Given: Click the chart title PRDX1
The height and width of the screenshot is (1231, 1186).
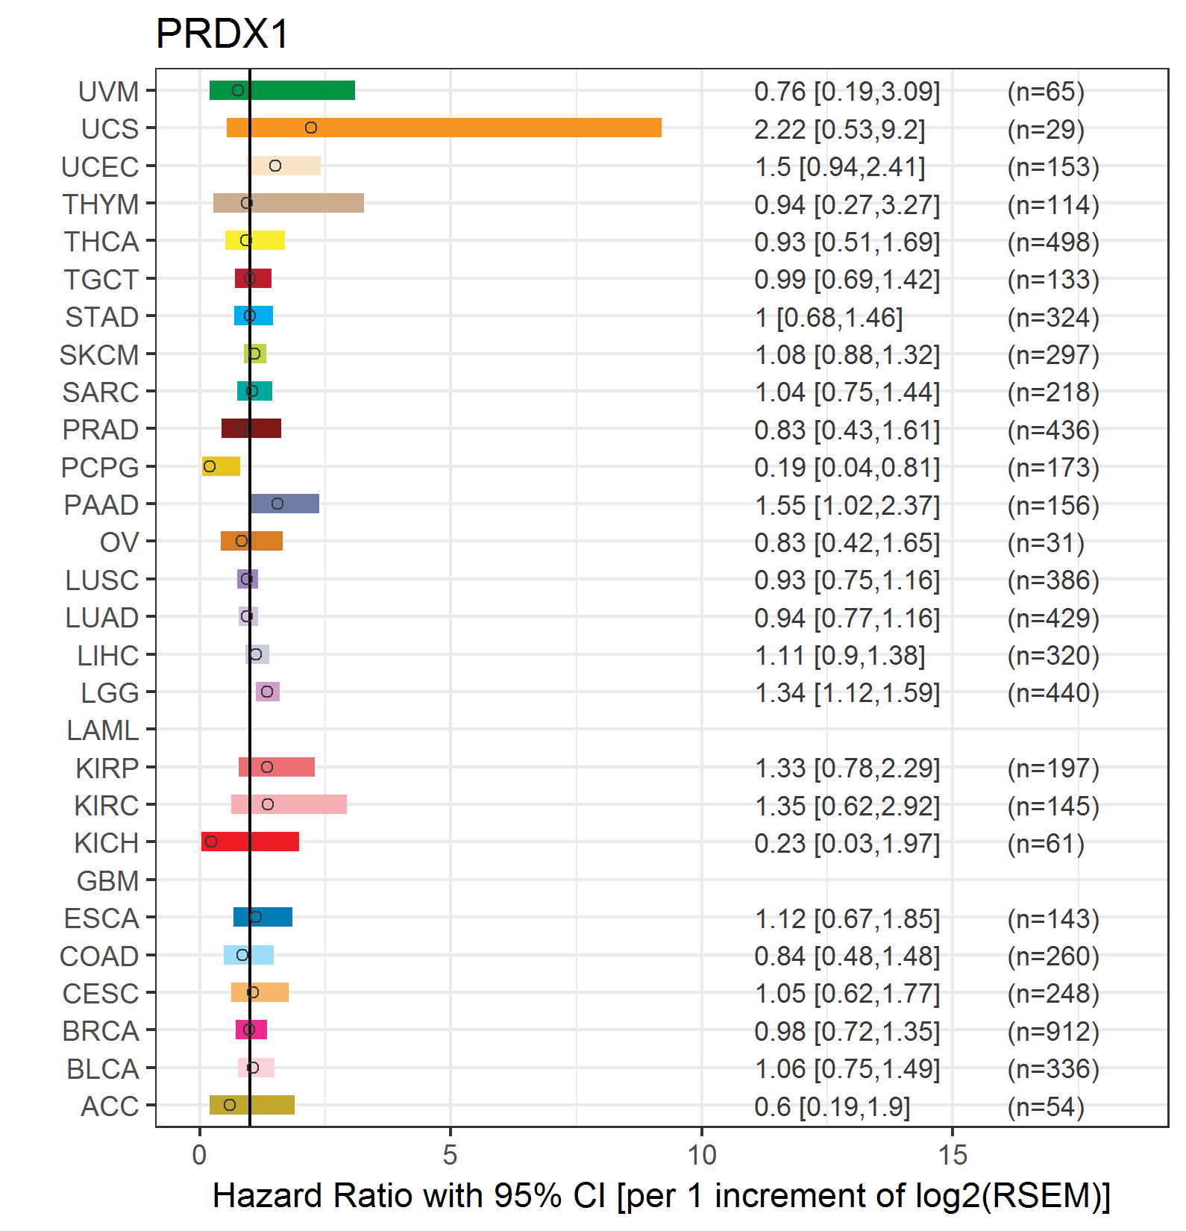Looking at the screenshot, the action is pyautogui.click(x=222, y=34).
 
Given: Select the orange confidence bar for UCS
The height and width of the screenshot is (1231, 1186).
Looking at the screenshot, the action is pyautogui.click(x=444, y=128).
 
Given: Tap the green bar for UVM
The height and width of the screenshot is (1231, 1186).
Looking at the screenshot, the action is pyautogui.click(x=282, y=90).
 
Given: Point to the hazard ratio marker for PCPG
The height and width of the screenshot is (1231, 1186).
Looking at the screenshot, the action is pyautogui.click(x=210, y=466).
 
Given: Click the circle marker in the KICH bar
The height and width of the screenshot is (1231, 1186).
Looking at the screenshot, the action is pyautogui.click(x=211, y=842).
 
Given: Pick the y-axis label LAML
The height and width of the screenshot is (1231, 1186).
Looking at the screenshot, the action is pyautogui.click(x=102, y=730).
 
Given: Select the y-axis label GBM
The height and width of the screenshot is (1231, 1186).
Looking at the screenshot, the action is pyautogui.click(x=107, y=881).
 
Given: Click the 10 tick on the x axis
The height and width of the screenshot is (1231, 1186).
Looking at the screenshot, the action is pyautogui.click(x=701, y=1155).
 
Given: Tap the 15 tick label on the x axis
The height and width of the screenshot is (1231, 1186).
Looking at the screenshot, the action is pyautogui.click(x=953, y=1155).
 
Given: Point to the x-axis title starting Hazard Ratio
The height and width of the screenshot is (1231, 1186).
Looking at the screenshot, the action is pyautogui.click(x=661, y=1196).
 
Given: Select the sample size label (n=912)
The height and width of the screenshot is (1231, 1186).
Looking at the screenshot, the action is pyautogui.click(x=1053, y=1032).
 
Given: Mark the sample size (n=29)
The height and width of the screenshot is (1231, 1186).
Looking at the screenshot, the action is pyautogui.click(x=1046, y=130).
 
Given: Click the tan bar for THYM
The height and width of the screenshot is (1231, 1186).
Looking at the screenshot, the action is pyautogui.click(x=289, y=203).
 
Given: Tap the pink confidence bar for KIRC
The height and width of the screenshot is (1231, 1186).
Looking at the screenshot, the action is pyautogui.click(x=289, y=804).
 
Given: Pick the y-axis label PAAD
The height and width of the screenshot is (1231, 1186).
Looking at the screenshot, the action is pyautogui.click(x=101, y=505).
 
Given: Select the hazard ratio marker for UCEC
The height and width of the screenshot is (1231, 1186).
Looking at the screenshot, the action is pyautogui.click(x=275, y=166).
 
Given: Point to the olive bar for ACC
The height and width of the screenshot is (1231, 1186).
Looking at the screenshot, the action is pyautogui.click(x=252, y=1105).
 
